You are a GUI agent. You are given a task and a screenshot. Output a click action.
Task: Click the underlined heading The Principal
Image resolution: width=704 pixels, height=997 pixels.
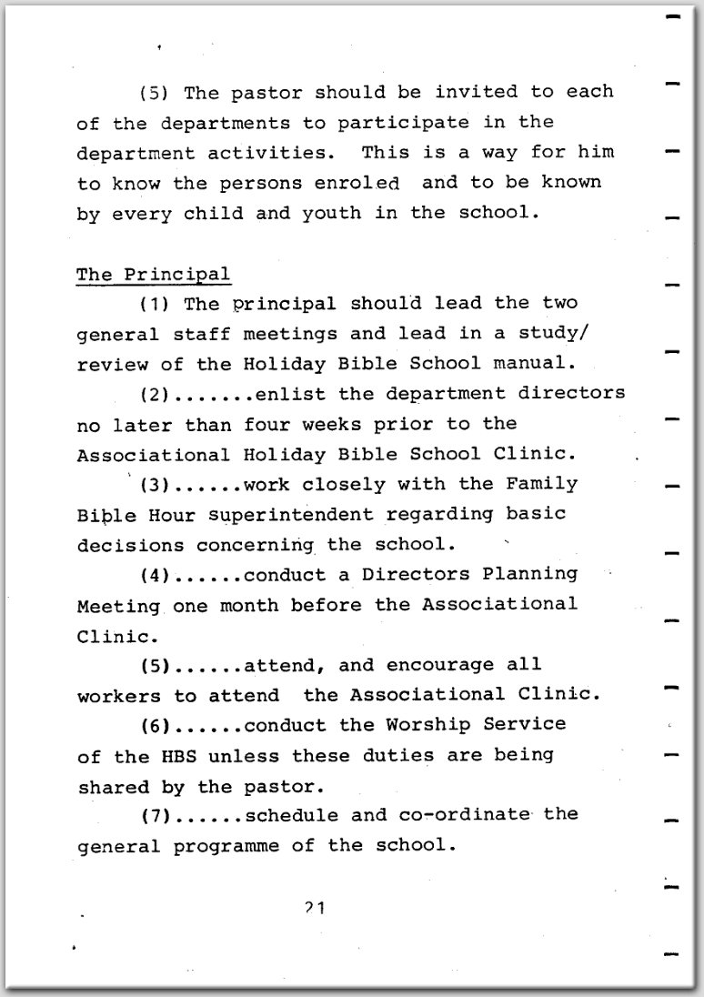coord(153,274)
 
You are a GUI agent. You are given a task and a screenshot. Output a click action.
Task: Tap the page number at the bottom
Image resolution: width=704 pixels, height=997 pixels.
coord(317,907)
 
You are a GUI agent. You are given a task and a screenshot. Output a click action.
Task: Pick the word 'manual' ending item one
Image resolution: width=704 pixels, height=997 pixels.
coord(540,364)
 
